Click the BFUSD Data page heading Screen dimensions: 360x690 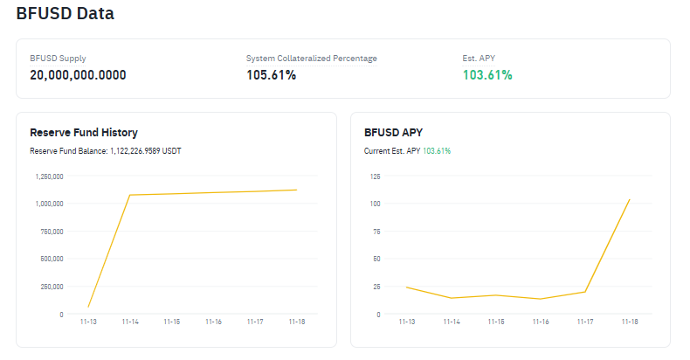[x=65, y=14]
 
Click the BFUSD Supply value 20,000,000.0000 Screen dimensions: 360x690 [x=78, y=75]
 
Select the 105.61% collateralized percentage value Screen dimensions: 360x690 [x=271, y=75]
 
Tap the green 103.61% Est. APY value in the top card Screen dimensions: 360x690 [x=487, y=75]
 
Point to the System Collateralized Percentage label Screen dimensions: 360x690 [x=311, y=59]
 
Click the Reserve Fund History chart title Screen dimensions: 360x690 [x=84, y=133]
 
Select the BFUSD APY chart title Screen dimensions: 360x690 [x=393, y=133]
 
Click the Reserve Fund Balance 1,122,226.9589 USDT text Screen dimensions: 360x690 [x=106, y=151]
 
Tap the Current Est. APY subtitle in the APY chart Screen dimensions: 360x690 [x=407, y=151]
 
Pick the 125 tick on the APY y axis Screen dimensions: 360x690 [x=375, y=177]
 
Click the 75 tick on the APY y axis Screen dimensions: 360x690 [x=376, y=232]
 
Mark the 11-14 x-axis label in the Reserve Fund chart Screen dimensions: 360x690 [x=130, y=322]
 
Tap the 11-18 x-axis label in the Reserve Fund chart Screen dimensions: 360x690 [x=297, y=322]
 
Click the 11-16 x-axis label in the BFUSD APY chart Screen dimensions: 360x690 [x=541, y=322]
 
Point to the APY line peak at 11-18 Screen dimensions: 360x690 [x=629, y=199]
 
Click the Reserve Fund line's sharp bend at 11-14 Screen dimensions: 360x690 [x=130, y=195]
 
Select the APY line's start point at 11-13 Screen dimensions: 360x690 [x=406, y=287]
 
